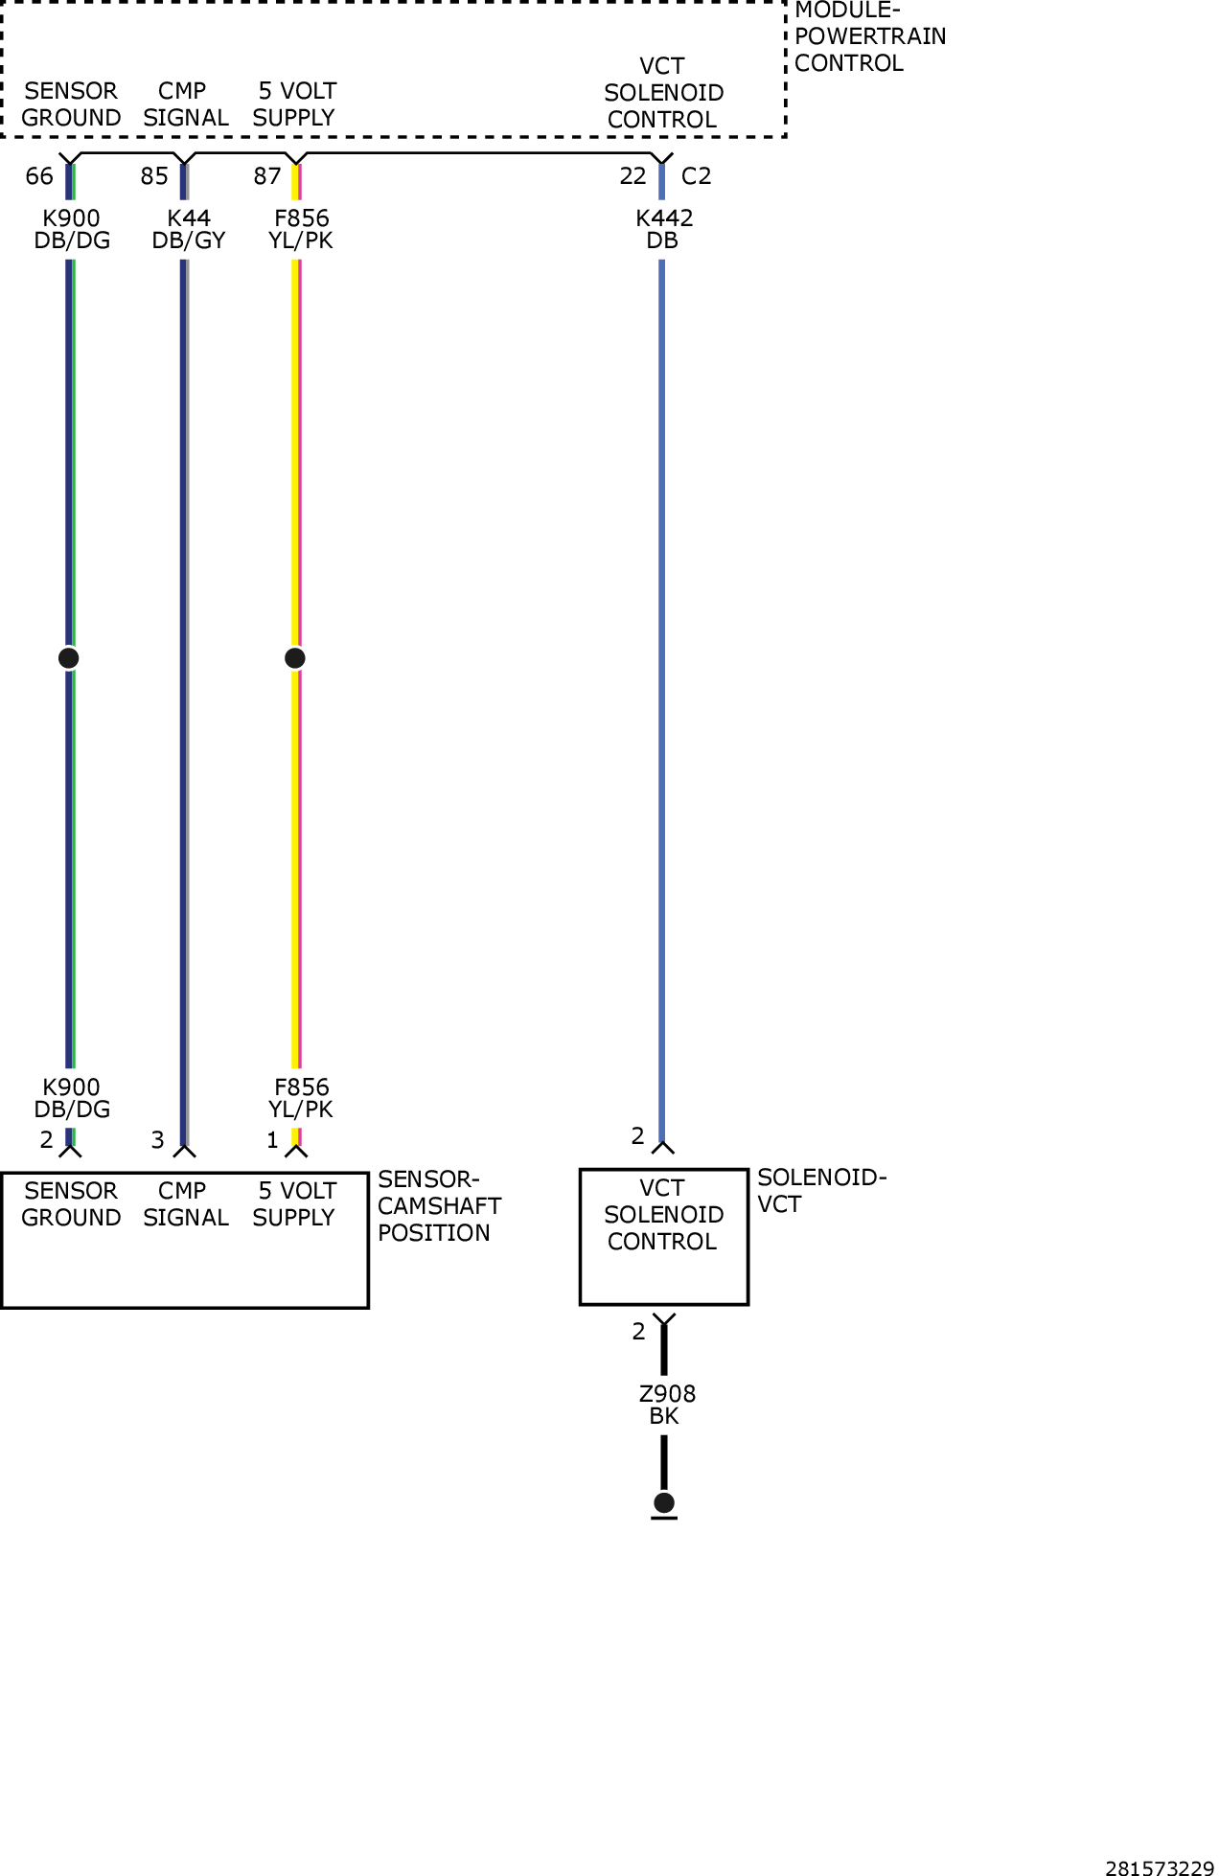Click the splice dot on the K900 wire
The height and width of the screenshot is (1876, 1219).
pos(68,658)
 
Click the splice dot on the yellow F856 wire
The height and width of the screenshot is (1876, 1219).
pos(295,658)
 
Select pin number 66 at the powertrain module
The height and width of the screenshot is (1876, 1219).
pos(39,176)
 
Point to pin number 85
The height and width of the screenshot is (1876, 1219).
pos(154,176)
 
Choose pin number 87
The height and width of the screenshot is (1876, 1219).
pos(267,176)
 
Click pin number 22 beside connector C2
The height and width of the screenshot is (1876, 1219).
pos(633,176)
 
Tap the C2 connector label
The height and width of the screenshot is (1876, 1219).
pos(697,176)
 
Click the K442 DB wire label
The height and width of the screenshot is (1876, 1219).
pos(664,230)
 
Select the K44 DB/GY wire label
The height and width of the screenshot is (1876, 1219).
pos(189,230)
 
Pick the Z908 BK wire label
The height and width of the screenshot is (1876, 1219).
pos(667,1405)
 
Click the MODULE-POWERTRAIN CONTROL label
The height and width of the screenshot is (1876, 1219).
pos(870,38)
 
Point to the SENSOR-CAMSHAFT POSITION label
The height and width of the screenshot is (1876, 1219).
pos(440,1206)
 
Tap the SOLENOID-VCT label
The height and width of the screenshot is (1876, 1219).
pos(822,1191)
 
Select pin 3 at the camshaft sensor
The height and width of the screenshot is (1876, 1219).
pos(158,1140)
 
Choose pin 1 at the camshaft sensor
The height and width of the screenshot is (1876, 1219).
pos(272,1140)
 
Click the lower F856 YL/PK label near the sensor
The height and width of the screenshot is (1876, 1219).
pos(301,1098)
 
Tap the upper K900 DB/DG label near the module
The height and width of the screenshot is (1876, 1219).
pos(72,230)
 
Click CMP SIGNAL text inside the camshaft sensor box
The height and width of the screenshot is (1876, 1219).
pos(186,1204)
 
